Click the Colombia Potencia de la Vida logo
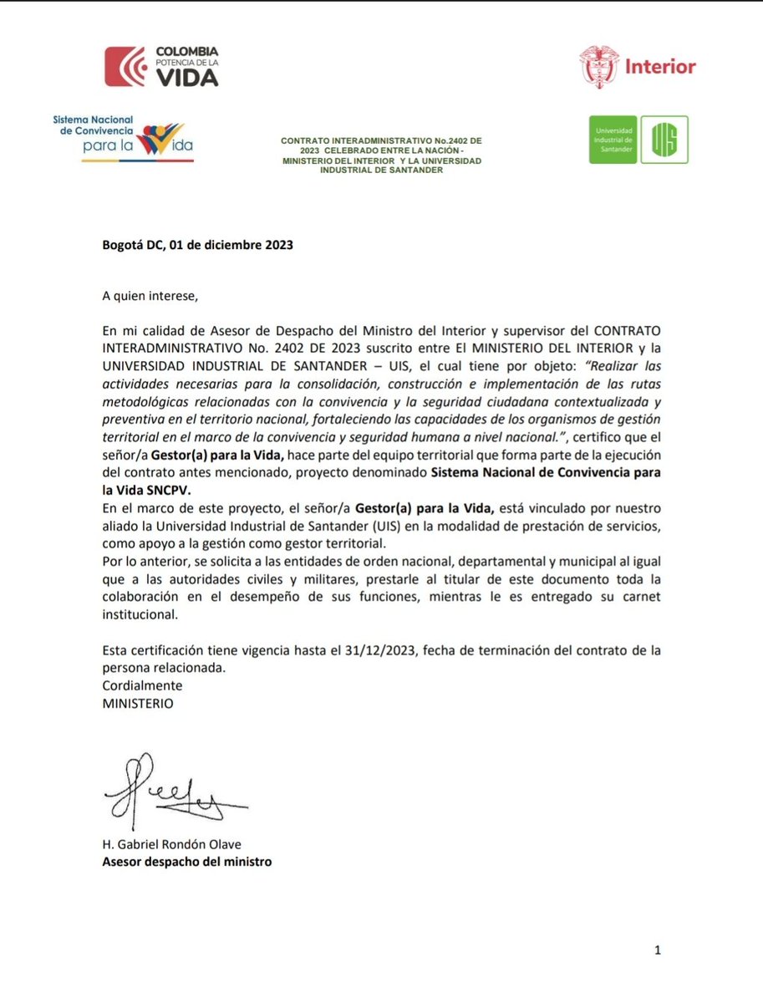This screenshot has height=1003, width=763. click(161, 67)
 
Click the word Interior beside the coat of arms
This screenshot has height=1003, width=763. click(660, 67)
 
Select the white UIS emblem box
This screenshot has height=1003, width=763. click(664, 139)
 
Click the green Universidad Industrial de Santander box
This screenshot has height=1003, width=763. click(613, 139)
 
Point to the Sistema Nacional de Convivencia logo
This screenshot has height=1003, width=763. click(123, 138)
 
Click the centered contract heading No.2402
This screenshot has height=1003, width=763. click(381, 154)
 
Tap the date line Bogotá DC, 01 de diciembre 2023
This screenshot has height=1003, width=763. click(197, 246)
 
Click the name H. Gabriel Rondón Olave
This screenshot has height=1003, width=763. click(170, 846)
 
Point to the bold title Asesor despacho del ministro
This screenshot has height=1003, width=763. click(186, 861)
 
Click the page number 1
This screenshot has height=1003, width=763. click(658, 950)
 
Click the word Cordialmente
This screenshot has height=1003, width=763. click(142, 685)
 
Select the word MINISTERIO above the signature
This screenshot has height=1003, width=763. click(138, 703)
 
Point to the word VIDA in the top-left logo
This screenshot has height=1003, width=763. click(187, 78)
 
